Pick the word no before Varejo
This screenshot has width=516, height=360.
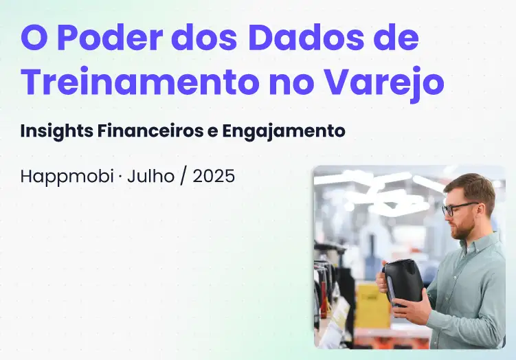coord(288,83)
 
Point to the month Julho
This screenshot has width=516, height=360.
coord(150,177)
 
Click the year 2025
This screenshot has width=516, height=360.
coord(214,177)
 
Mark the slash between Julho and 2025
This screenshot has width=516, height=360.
coord(184,177)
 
